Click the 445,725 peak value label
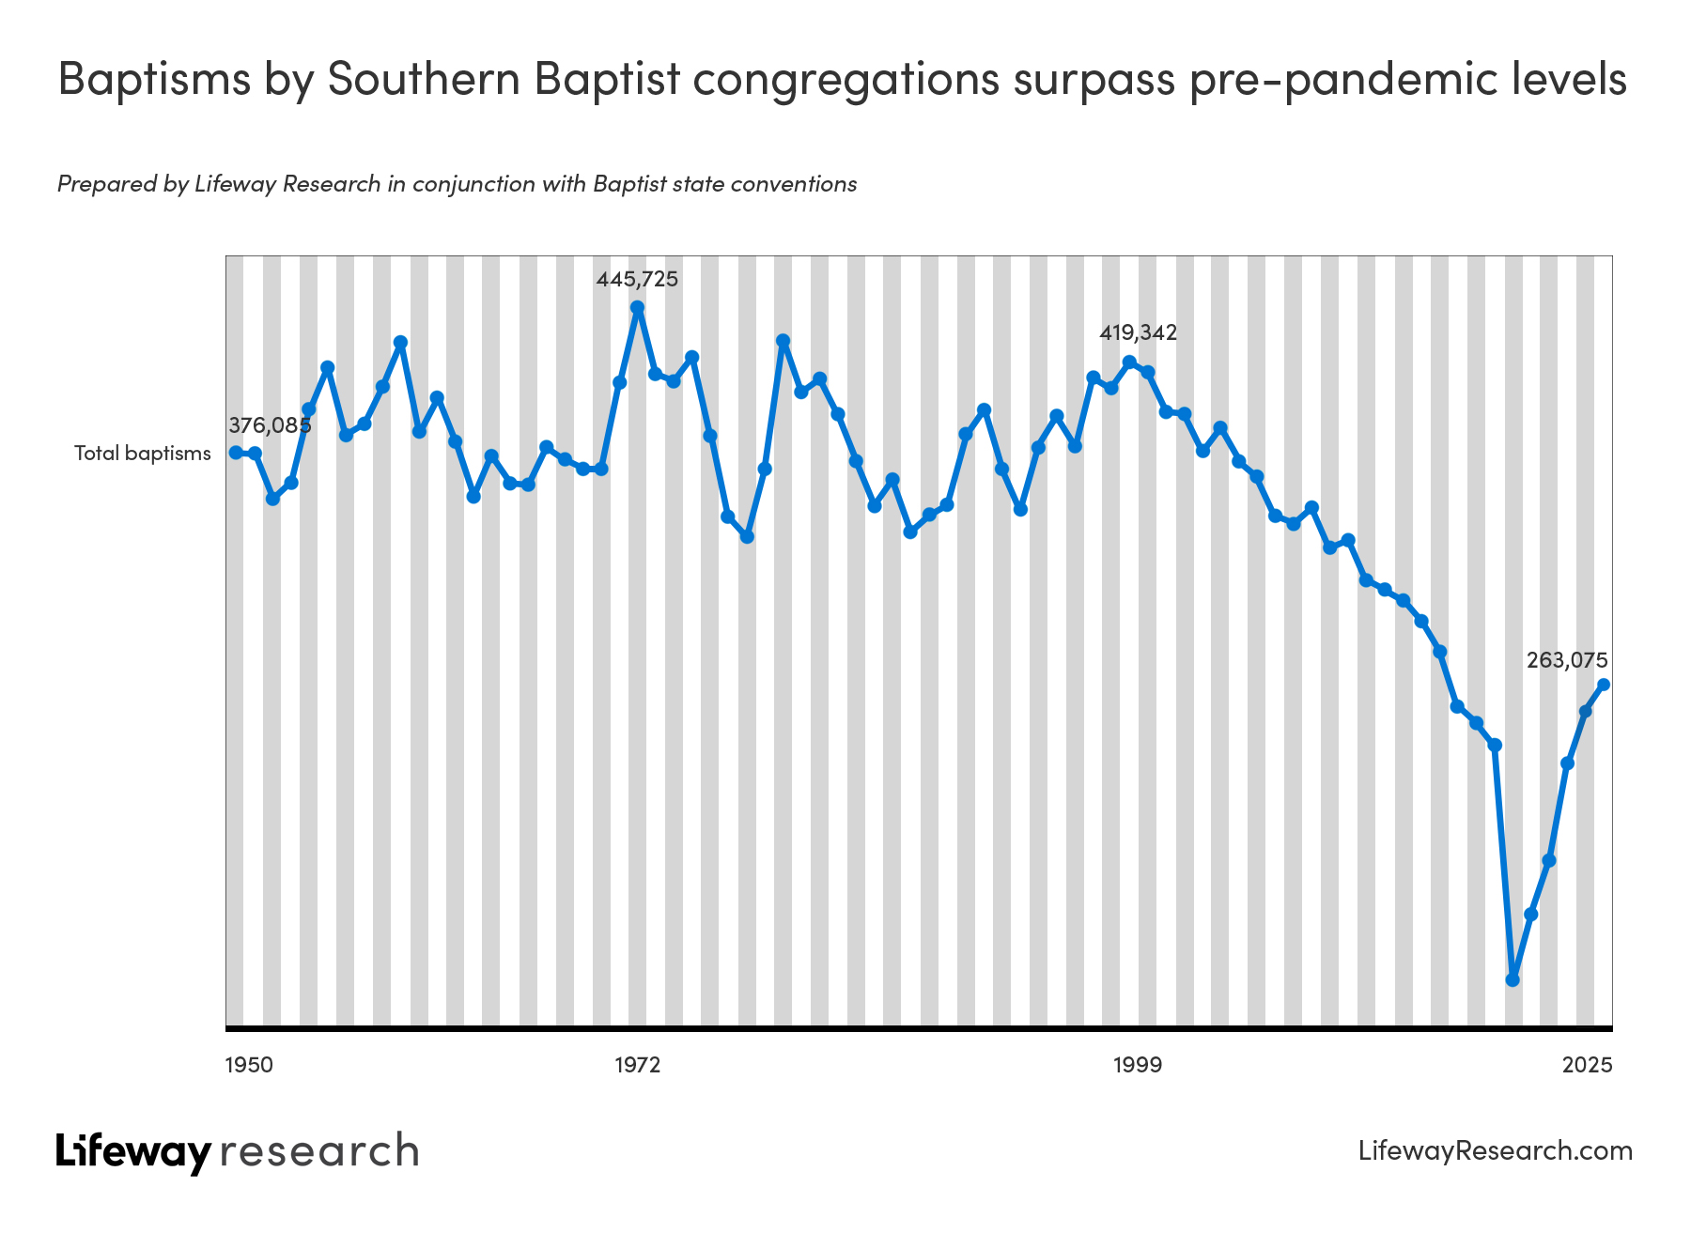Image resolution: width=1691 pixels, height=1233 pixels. point(637,279)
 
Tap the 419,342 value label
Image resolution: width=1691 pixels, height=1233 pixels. point(1138,332)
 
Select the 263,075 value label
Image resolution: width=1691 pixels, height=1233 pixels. point(1567,660)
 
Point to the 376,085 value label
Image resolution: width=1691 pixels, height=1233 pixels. point(270,425)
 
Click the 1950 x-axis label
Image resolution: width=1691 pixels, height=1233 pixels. point(250,1065)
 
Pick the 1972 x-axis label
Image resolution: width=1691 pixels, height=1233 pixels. point(637,1065)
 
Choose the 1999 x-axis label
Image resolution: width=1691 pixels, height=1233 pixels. point(1138,1065)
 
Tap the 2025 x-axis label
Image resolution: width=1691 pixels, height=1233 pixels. point(1588,1065)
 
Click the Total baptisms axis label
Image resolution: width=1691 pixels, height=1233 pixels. point(143,454)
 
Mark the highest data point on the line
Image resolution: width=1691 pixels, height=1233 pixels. point(637,307)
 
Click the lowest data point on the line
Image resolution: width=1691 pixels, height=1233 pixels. point(1513,979)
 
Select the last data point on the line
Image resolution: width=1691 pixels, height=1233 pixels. point(1604,685)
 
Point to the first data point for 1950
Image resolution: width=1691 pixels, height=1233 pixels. point(236,453)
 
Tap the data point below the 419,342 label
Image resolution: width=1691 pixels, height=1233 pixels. point(1129,362)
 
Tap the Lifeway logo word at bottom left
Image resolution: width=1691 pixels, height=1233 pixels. point(133,1151)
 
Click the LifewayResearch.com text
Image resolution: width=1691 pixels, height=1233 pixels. point(1496,1151)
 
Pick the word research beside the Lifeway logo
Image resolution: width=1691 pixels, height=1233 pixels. point(319,1151)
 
